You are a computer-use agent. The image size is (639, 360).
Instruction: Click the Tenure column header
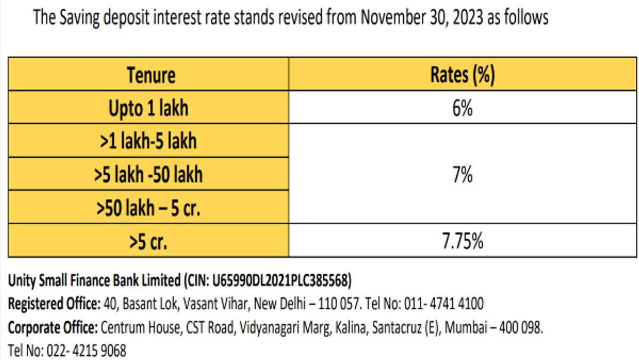point(151,75)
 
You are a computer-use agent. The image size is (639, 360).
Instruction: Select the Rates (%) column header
point(462,75)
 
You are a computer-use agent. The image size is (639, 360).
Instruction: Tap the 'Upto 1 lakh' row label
point(148,108)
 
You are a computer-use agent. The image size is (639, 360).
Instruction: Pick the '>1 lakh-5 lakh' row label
point(148,141)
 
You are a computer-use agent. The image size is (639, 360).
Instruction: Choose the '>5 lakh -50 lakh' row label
point(148,174)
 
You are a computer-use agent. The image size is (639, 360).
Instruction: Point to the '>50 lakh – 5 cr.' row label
point(148,208)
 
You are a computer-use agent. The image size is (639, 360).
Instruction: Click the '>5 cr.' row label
point(148,242)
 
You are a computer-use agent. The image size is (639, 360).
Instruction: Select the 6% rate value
point(462,108)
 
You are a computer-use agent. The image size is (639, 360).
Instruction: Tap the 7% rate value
point(462,174)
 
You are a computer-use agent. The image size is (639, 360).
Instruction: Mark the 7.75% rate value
point(462,241)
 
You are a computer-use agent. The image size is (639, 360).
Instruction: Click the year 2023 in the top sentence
point(468,18)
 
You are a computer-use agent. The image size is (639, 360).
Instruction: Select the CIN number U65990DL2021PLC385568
point(280,281)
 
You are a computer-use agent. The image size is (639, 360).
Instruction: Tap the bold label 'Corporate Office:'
point(53,328)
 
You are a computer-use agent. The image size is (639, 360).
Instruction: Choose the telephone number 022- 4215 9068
point(86,351)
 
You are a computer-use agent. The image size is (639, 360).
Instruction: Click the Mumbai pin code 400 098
point(521,327)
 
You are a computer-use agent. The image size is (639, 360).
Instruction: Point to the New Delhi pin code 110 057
point(339,304)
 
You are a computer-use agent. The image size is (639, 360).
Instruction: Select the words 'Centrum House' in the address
point(141,327)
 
